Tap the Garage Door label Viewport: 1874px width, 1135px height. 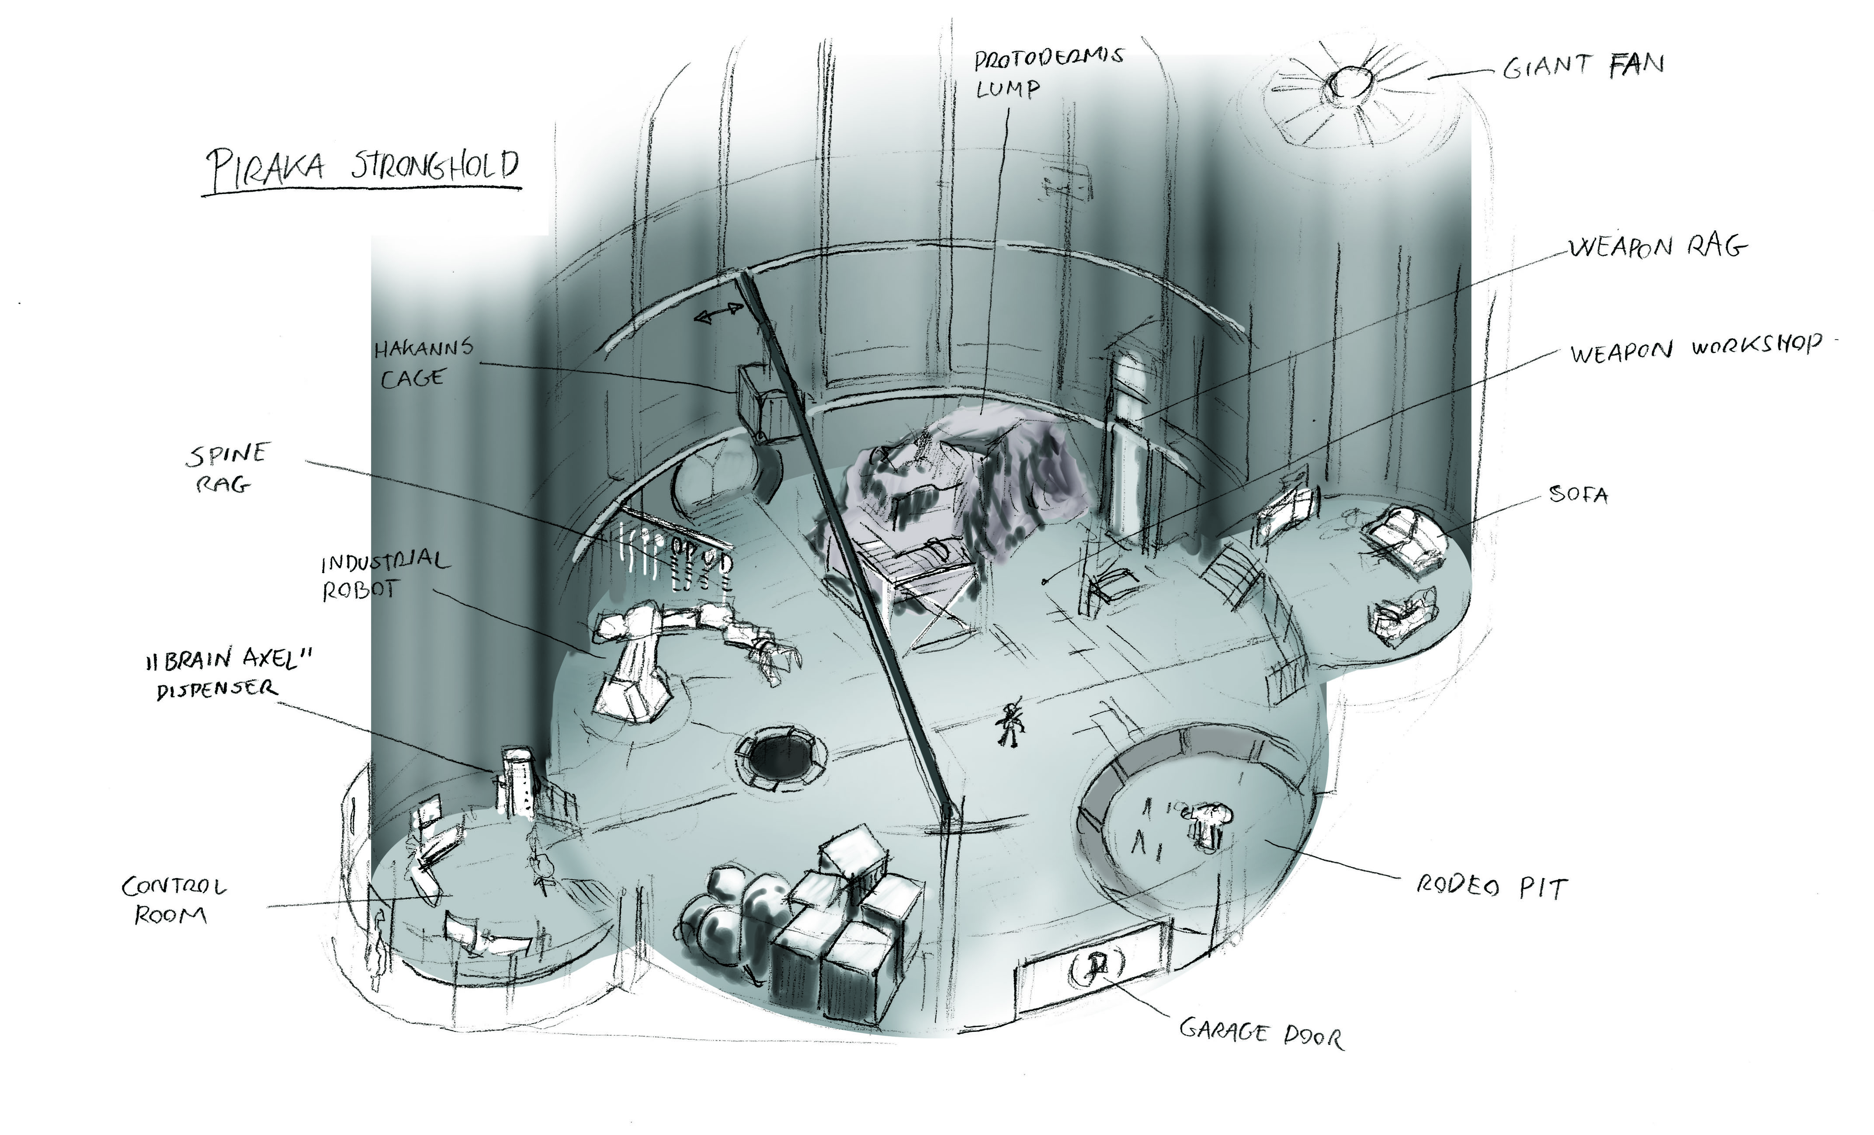click(1261, 1034)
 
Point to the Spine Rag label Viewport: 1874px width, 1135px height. click(227, 467)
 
